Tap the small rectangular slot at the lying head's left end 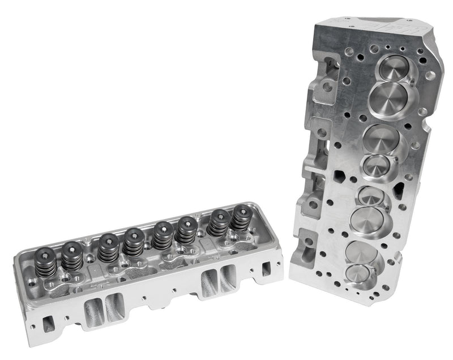click(49, 322)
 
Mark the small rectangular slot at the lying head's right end click(266, 269)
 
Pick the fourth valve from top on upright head click(373, 165)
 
